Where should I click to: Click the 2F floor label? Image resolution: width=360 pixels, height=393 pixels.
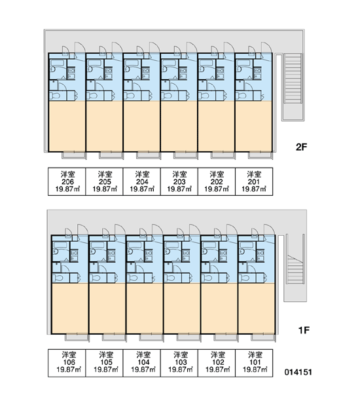point(301,147)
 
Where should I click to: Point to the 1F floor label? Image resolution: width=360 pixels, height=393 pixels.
point(304,330)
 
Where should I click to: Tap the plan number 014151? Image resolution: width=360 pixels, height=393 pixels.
point(298,372)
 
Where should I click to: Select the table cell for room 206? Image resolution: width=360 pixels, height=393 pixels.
point(67,181)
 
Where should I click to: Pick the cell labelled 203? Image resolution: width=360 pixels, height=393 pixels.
point(179,181)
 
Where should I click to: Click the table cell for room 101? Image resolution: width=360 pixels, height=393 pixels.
point(254,363)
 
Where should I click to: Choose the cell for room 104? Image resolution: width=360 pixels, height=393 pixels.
point(142,363)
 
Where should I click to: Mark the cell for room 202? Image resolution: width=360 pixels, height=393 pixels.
point(217,181)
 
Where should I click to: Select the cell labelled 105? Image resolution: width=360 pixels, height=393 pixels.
point(104,363)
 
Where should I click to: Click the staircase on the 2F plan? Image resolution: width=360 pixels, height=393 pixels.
point(293,79)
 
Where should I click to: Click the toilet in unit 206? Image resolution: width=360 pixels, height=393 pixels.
point(55,96)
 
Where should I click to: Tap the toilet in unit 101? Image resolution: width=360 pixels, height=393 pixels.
point(245,278)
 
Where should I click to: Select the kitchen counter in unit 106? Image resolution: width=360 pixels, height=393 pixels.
point(74,255)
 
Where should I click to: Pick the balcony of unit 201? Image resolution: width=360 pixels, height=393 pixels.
point(261,155)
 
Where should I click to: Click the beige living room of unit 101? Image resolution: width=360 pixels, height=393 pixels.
point(257,309)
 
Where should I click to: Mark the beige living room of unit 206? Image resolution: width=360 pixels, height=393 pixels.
point(67,126)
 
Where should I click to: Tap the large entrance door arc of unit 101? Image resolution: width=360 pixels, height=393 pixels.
point(270,229)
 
